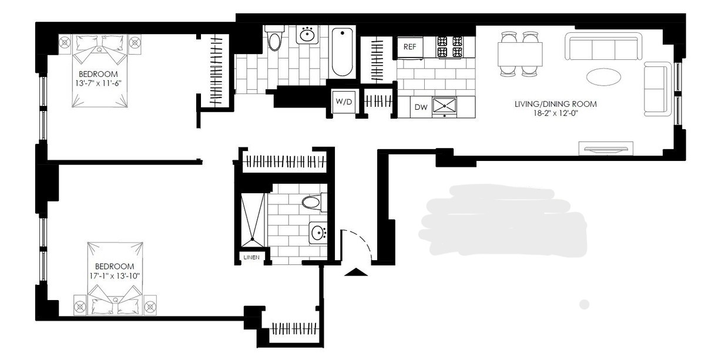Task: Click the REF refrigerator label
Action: click(x=410, y=47)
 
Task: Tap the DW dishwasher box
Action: click(x=421, y=107)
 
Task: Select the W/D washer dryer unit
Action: click(x=344, y=102)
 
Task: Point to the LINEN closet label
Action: click(x=251, y=257)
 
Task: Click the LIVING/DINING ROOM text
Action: click(x=556, y=104)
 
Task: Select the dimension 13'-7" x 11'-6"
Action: click(x=98, y=83)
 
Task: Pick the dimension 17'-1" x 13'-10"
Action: click(x=115, y=276)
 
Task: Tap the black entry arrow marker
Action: click(x=356, y=272)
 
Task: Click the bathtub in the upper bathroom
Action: click(x=342, y=52)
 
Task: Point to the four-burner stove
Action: click(x=449, y=46)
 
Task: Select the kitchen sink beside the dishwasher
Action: click(x=444, y=106)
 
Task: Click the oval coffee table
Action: click(x=603, y=77)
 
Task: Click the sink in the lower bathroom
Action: click(x=318, y=233)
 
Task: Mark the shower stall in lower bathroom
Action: click(x=253, y=220)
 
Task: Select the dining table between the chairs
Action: click(x=520, y=54)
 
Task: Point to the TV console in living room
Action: click(x=606, y=149)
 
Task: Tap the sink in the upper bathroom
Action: click(x=307, y=34)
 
